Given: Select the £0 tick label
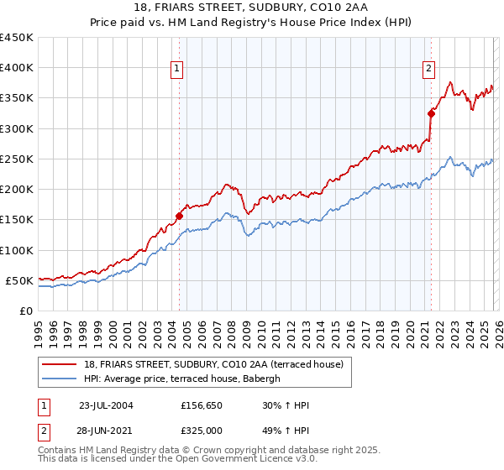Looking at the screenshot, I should (25, 311).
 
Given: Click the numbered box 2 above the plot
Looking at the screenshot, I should (428, 70).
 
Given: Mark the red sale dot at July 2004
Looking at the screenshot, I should (180, 216).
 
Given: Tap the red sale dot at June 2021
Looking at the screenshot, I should (431, 113).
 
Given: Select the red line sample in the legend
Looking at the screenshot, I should (60, 364).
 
